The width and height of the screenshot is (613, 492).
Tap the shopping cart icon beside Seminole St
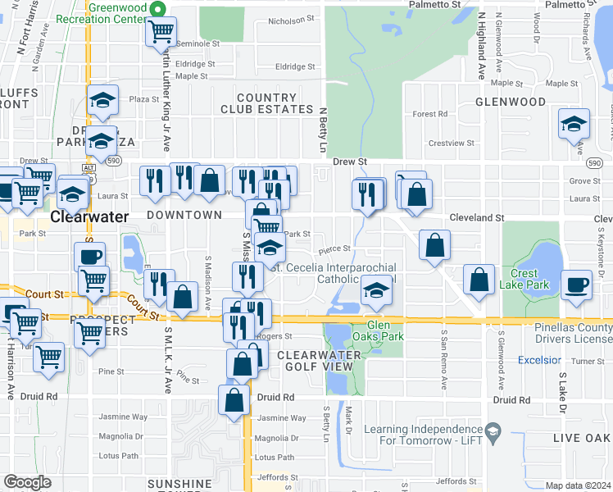click(161, 32)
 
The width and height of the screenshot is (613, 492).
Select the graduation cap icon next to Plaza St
click(103, 101)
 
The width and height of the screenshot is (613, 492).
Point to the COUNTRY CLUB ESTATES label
click(266, 103)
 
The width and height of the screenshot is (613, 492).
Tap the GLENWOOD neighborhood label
click(511, 102)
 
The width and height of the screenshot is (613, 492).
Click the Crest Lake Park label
click(524, 279)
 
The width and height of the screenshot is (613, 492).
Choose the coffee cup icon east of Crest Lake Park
click(578, 284)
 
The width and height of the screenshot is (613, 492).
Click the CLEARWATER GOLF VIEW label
click(319, 360)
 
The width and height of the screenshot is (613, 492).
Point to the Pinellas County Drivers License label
click(567, 333)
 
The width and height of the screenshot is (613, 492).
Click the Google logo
click(28, 482)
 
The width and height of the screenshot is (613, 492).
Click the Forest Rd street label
click(429, 114)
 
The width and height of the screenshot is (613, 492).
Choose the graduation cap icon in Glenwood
click(574, 125)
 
